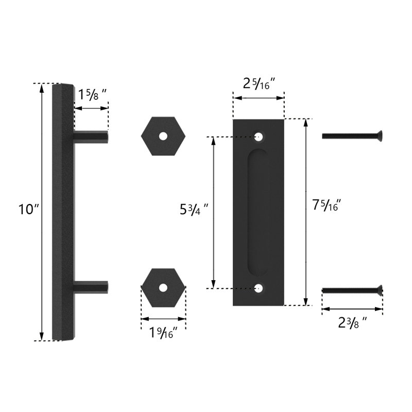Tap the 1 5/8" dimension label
tap(93, 95)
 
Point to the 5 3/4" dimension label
tap(194, 210)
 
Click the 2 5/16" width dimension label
tap(259, 83)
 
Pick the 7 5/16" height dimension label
tap(327, 205)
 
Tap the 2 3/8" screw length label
tap(353, 323)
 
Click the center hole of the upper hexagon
tap(163, 136)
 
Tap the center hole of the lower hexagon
tap(163, 287)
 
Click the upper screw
tap(352, 136)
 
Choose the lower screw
tap(352, 290)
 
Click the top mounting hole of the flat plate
tap(259, 137)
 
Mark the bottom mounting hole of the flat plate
tap(259, 288)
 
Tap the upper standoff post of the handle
tap(91, 137)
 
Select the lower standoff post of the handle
tap(91, 286)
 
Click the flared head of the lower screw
tap(380, 290)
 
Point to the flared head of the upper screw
tap(380, 136)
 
